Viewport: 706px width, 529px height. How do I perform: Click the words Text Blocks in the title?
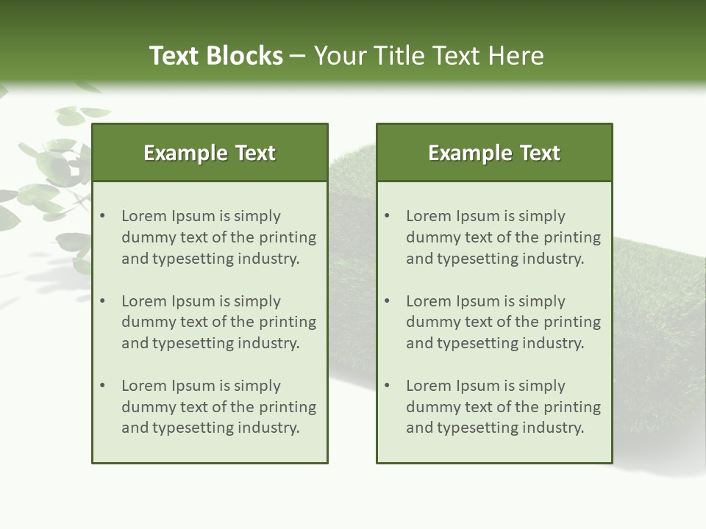coord(215,56)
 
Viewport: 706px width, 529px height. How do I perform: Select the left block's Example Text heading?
coord(210,153)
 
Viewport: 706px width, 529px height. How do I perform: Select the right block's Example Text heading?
coord(494,153)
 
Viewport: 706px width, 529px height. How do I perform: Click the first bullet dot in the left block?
coord(102,216)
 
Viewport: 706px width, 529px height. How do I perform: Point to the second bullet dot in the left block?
coord(102,301)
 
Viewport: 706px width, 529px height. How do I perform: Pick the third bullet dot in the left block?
coord(102,386)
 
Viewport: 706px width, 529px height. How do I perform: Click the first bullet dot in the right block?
coord(387,216)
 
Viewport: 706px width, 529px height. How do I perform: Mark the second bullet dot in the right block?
coord(387,301)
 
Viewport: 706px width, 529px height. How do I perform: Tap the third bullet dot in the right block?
coord(387,386)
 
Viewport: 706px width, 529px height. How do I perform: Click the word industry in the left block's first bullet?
coord(270,259)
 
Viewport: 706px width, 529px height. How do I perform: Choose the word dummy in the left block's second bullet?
coord(146,323)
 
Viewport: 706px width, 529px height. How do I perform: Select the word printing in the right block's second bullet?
coord(571,323)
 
